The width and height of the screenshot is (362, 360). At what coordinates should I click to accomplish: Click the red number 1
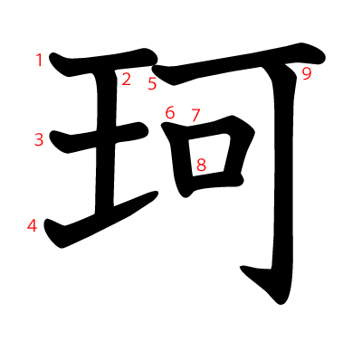39,60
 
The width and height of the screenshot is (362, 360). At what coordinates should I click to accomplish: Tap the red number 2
126,79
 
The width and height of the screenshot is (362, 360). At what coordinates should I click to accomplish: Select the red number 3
39,140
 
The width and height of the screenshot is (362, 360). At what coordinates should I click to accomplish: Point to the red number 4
32,225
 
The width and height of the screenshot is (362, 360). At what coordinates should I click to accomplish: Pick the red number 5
152,83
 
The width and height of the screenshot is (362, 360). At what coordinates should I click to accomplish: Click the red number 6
170,113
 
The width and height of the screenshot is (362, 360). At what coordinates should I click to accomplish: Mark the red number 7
195,115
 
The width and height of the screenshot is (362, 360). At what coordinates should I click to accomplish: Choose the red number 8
201,165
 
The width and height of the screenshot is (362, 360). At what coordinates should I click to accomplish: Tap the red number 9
307,74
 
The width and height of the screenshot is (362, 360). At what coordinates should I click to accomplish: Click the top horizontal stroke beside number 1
102,62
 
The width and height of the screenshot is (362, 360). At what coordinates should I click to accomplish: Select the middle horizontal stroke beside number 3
100,137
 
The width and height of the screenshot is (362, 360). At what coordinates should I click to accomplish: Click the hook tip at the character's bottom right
242,267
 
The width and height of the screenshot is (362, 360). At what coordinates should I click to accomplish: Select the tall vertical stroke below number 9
283,181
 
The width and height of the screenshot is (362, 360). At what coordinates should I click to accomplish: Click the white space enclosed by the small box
209,155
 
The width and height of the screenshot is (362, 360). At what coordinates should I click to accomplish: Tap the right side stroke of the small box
238,151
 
